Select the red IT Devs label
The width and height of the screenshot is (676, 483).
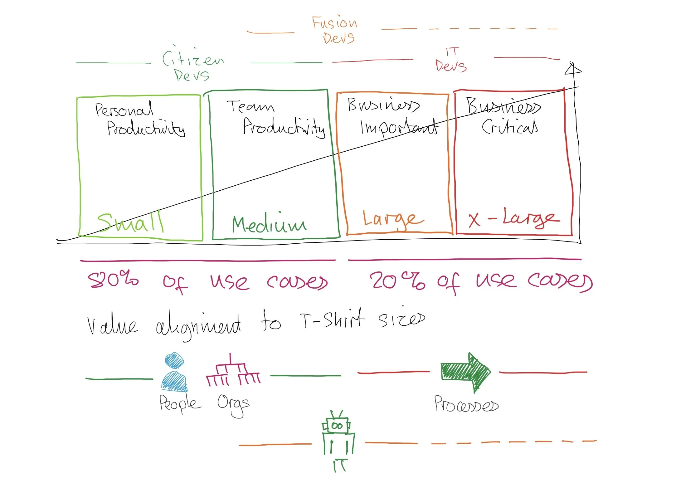point(451,61)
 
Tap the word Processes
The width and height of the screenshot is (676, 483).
point(466,405)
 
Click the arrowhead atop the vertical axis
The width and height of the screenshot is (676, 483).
point(573,69)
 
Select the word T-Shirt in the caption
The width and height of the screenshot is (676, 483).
point(333,320)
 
